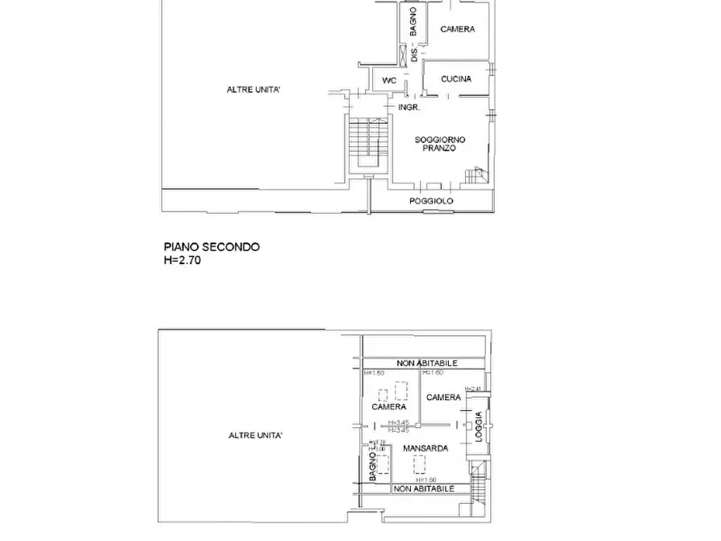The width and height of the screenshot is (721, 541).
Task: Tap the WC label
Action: [389, 80]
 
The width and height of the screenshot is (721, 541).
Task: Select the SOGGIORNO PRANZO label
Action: [440, 144]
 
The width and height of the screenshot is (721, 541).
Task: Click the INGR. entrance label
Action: [407, 107]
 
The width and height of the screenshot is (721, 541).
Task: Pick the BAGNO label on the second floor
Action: [413, 22]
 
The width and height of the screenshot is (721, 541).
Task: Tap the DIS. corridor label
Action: [414, 55]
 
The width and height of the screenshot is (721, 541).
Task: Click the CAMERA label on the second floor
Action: [457, 29]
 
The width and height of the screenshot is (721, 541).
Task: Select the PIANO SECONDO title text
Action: [212, 248]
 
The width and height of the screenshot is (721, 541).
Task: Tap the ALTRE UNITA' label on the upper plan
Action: [254, 90]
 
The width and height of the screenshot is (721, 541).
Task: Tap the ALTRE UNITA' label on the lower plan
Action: [254, 435]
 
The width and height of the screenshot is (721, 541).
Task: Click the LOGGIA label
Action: [478, 426]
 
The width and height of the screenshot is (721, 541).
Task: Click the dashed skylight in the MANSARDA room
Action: [420, 464]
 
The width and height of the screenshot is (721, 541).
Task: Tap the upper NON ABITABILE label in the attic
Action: [427, 364]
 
